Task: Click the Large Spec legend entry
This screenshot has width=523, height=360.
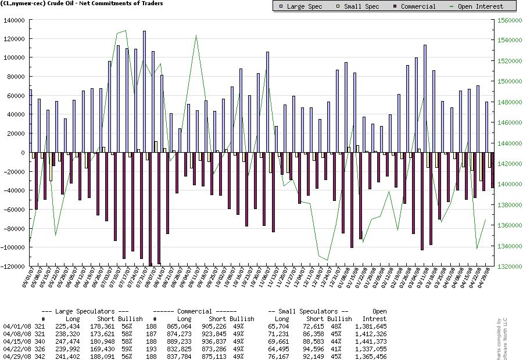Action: (300, 6)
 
